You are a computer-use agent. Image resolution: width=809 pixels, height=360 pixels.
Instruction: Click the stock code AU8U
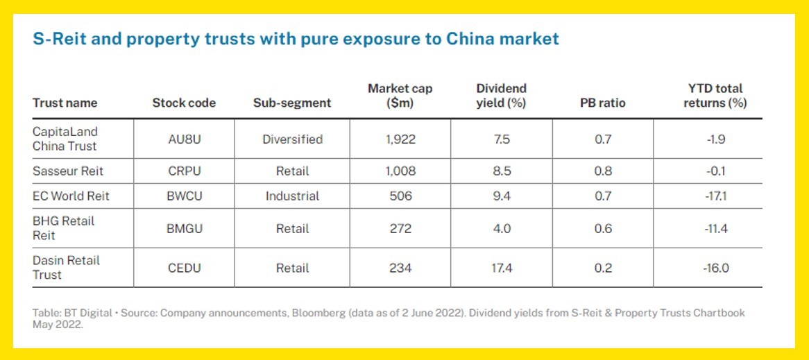[184, 139]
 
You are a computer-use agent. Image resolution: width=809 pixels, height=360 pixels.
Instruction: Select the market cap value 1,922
[400, 139]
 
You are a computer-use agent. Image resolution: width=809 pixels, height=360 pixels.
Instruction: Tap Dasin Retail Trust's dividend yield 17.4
[502, 268]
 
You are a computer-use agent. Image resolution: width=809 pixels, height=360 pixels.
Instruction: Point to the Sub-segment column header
[292, 103]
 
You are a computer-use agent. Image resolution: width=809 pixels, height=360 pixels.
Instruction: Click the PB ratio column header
[603, 103]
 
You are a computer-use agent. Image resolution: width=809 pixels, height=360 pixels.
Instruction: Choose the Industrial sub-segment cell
[292, 196]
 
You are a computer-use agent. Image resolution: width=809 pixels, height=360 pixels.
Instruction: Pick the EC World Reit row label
[71, 196]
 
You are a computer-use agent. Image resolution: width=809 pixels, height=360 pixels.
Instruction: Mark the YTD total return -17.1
[715, 196]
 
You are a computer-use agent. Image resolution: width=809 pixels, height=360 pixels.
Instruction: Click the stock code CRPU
[184, 171]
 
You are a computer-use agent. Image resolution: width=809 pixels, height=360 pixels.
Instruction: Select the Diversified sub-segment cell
[292, 139]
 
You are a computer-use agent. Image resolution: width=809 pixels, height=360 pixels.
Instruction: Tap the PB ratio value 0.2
[603, 268]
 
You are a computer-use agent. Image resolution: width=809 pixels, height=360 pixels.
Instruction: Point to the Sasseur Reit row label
[67, 171]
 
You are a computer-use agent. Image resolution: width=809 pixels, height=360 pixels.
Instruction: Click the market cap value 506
[400, 196]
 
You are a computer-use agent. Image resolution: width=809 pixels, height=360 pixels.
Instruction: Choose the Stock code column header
[184, 103]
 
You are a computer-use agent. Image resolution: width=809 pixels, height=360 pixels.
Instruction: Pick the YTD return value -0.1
[715, 171]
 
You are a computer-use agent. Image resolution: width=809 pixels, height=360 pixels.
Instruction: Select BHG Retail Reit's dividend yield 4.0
[502, 228]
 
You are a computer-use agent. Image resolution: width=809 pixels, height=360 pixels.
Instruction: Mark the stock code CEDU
[184, 268]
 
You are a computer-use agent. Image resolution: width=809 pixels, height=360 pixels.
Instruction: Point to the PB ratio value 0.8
[603, 171]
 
